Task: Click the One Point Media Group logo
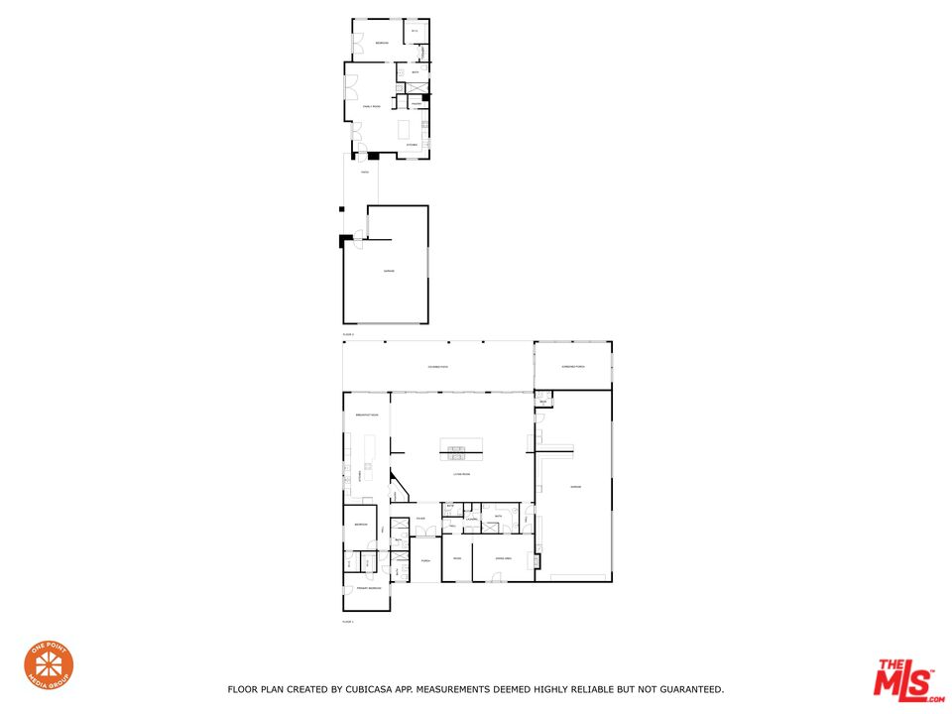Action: pos(49,667)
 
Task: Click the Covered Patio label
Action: pos(437,367)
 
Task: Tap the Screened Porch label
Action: pos(573,367)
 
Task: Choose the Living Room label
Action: pos(462,475)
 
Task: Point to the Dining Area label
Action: pos(504,558)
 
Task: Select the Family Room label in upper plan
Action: pos(371,106)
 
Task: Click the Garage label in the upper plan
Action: pos(389,271)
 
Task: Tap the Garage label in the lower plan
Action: pos(575,486)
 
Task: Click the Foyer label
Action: pos(421,519)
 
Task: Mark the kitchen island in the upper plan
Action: pos(404,129)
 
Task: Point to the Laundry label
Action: pos(472,519)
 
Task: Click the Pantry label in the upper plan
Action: pos(416,103)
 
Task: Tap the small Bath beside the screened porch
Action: pos(543,402)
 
